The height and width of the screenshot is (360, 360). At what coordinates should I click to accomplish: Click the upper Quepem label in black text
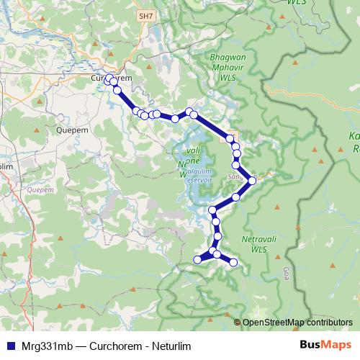(71, 131)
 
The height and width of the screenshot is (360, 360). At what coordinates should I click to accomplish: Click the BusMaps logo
(325, 346)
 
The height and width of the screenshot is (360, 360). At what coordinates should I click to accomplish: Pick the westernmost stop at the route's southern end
(198, 260)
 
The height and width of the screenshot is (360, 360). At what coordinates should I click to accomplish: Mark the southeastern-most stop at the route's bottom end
(233, 263)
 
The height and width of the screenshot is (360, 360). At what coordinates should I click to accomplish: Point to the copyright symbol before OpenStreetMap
(238, 323)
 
